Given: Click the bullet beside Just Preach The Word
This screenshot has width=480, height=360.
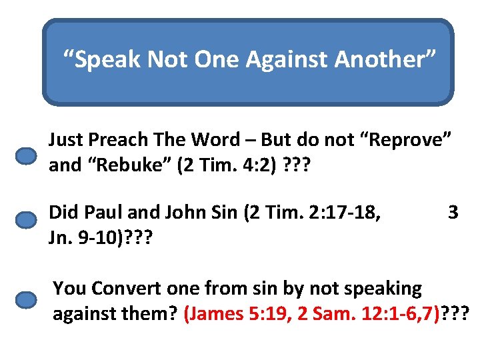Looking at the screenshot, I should (x=26, y=156).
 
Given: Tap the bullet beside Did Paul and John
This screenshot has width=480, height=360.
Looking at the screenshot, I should (x=26, y=220).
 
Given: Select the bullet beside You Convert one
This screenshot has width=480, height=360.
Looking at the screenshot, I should (x=26, y=300).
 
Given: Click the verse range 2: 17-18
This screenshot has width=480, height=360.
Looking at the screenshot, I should (x=345, y=213).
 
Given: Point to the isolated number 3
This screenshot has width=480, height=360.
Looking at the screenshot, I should (x=453, y=213).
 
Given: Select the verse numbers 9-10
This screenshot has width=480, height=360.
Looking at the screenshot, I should (x=95, y=237).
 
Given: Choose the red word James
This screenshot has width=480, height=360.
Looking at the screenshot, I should (x=214, y=313).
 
